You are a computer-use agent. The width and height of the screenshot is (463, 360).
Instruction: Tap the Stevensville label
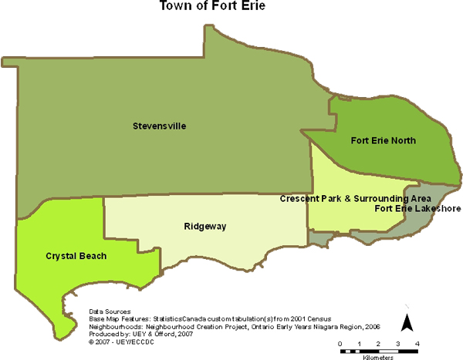point(160,126)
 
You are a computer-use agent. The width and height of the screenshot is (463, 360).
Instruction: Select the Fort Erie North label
point(384,140)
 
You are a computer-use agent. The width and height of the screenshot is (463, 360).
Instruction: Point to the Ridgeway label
point(204,227)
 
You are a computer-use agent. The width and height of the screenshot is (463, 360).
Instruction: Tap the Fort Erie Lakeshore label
point(417,208)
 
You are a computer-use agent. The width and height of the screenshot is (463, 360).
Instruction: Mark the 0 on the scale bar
point(340,342)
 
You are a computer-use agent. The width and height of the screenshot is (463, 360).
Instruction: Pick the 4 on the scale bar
point(417,342)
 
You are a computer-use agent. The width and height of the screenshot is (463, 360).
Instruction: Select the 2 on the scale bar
point(379,342)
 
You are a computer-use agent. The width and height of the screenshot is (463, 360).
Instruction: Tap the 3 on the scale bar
point(398,342)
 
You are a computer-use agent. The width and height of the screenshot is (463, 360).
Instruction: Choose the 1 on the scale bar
point(359,342)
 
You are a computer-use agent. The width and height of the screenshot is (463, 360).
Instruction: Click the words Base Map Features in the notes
point(114,318)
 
